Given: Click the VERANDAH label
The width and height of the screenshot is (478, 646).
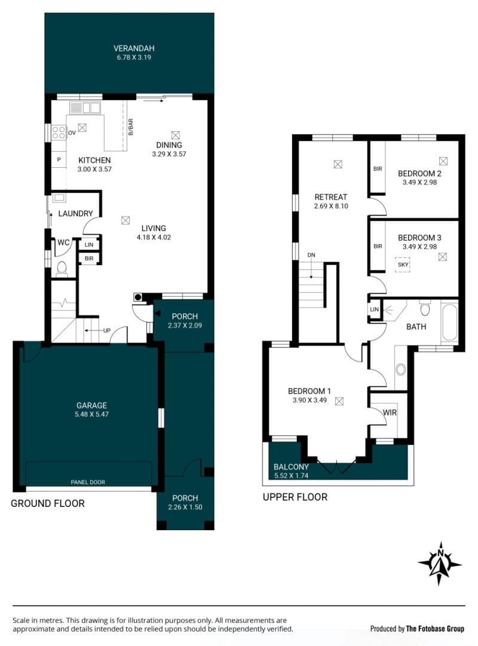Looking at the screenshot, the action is (134, 48).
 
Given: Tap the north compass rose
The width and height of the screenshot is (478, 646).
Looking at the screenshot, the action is (440, 563).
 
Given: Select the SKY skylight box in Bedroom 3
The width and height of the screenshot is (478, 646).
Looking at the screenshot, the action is (403, 265).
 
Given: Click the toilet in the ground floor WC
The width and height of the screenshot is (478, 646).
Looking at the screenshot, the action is (62, 269).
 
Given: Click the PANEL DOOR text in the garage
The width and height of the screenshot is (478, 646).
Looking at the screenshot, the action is (88, 482).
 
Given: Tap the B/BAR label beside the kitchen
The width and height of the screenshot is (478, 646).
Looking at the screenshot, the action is (131, 127).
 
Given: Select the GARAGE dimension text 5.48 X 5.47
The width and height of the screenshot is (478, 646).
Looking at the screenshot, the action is (91, 414).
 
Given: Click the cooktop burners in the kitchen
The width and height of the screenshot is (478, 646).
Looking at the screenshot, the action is (59, 133).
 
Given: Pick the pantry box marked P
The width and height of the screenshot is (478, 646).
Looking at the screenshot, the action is (59, 160).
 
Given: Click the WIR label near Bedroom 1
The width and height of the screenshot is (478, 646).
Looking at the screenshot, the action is (390, 413).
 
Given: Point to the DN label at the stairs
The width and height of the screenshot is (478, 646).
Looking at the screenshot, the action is (311, 255).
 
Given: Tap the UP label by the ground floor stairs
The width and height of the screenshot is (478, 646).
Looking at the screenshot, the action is (107, 330).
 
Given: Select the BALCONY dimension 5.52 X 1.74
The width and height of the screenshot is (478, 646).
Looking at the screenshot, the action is (291, 475).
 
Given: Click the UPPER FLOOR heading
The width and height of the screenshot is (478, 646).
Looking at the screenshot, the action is (295, 497).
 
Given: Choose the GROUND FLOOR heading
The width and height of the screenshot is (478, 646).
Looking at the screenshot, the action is (47, 503).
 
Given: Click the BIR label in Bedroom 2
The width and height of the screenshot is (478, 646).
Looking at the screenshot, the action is (378, 169).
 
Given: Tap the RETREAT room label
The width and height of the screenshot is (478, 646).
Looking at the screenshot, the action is (331, 197).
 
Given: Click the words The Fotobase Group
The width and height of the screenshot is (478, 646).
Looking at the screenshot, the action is (435, 629).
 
